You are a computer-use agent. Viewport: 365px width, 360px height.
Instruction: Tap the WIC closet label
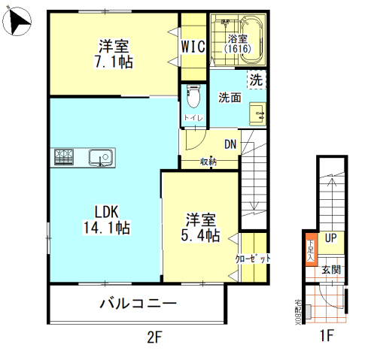tap(193, 46)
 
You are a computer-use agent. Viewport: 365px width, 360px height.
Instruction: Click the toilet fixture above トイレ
tap(193, 97)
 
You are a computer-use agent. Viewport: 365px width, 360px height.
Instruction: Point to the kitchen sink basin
tap(99, 158)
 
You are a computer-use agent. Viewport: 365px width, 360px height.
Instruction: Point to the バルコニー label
tap(138, 304)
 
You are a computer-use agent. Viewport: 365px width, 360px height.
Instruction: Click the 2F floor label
tap(154, 337)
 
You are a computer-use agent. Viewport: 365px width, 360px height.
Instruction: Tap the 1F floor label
tap(324, 337)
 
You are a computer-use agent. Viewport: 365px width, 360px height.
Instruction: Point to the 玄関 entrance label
tap(331, 269)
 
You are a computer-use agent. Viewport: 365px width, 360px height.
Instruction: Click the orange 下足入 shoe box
tap(309, 249)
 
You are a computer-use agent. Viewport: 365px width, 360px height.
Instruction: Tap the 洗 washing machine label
tap(256, 78)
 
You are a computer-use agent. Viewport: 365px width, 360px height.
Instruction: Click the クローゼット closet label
tap(253, 259)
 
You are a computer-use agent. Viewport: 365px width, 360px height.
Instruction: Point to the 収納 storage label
tap(208, 162)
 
